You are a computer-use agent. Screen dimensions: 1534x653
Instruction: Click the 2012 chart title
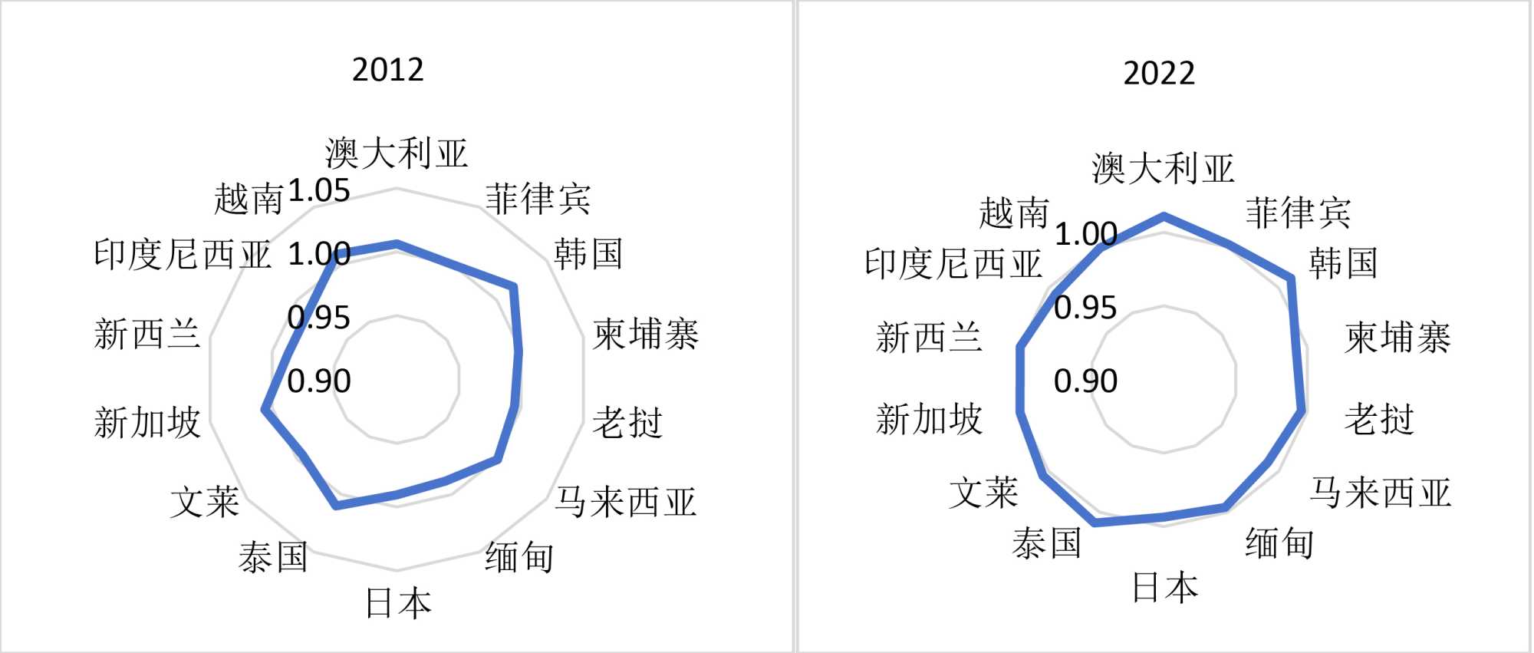[x=387, y=70]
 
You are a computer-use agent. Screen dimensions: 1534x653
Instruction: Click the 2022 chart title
[x=1159, y=74]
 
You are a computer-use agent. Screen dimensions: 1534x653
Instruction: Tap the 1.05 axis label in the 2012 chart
[x=319, y=190]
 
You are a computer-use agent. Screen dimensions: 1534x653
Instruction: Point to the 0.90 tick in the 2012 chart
[x=319, y=381]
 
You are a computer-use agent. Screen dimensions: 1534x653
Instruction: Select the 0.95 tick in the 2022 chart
[x=1085, y=308]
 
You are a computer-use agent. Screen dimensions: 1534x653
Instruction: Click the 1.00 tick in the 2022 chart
[x=1085, y=234]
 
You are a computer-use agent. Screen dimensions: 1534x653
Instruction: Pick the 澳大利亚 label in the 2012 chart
[x=396, y=153]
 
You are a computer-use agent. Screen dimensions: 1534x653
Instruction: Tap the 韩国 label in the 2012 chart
[x=588, y=254]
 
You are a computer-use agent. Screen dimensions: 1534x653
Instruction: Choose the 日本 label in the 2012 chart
[x=398, y=603]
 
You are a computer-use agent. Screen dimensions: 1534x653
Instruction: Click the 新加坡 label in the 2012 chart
[x=147, y=422]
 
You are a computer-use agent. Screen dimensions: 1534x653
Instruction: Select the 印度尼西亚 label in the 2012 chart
[x=183, y=254]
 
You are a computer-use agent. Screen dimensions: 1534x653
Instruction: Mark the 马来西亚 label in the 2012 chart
[x=626, y=503]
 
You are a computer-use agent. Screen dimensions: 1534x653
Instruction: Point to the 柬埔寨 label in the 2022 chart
[x=1397, y=338]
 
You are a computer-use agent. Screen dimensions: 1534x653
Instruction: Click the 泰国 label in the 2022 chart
[x=1047, y=543]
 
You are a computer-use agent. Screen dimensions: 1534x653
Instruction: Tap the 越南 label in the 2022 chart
[x=1013, y=213]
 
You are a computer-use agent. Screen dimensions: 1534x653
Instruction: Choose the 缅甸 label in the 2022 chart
[x=1279, y=543]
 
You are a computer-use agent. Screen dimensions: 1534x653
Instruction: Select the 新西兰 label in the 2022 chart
[x=929, y=338]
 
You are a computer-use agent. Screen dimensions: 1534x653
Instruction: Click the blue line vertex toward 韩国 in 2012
[x=514, y=288]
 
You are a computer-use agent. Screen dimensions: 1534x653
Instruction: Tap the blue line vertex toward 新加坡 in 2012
[x=265, y=410]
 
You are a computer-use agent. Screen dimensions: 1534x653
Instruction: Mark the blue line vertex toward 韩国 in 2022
[x=1291, y=279]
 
